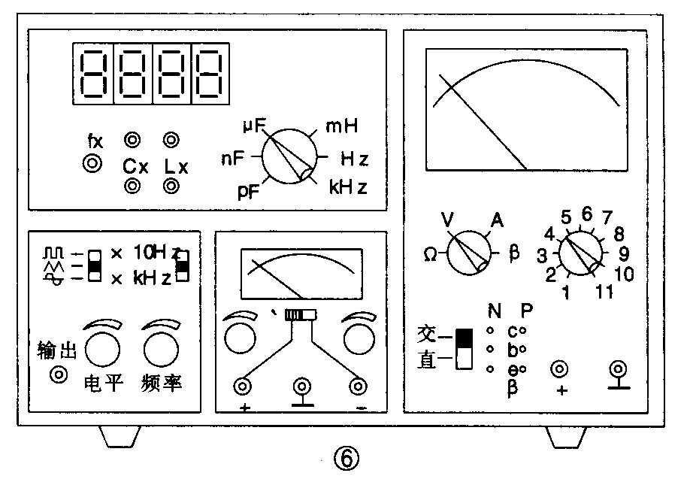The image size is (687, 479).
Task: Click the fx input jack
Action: [92, 163]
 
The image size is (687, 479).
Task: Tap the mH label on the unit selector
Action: [342, 126]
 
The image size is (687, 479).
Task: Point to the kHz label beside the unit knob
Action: [348, 187]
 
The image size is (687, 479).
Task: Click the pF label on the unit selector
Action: [249, 192]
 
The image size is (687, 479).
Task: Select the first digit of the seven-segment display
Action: [93, 74]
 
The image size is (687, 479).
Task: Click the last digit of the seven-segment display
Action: [210, 74]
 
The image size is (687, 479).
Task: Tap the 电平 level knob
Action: [102, 349]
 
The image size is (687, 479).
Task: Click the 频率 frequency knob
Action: [161, 349]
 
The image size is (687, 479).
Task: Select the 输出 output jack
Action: [59, 374]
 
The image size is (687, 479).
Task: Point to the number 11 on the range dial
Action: [604, 291]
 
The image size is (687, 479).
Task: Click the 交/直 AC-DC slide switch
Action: [465, 349]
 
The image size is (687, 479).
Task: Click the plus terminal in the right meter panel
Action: [559, 369]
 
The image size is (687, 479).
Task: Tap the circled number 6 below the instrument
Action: [346, 459]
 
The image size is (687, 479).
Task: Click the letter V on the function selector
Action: [447, 220]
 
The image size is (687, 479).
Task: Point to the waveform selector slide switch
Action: [95, 265]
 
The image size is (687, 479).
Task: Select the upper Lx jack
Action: [171, 140]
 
